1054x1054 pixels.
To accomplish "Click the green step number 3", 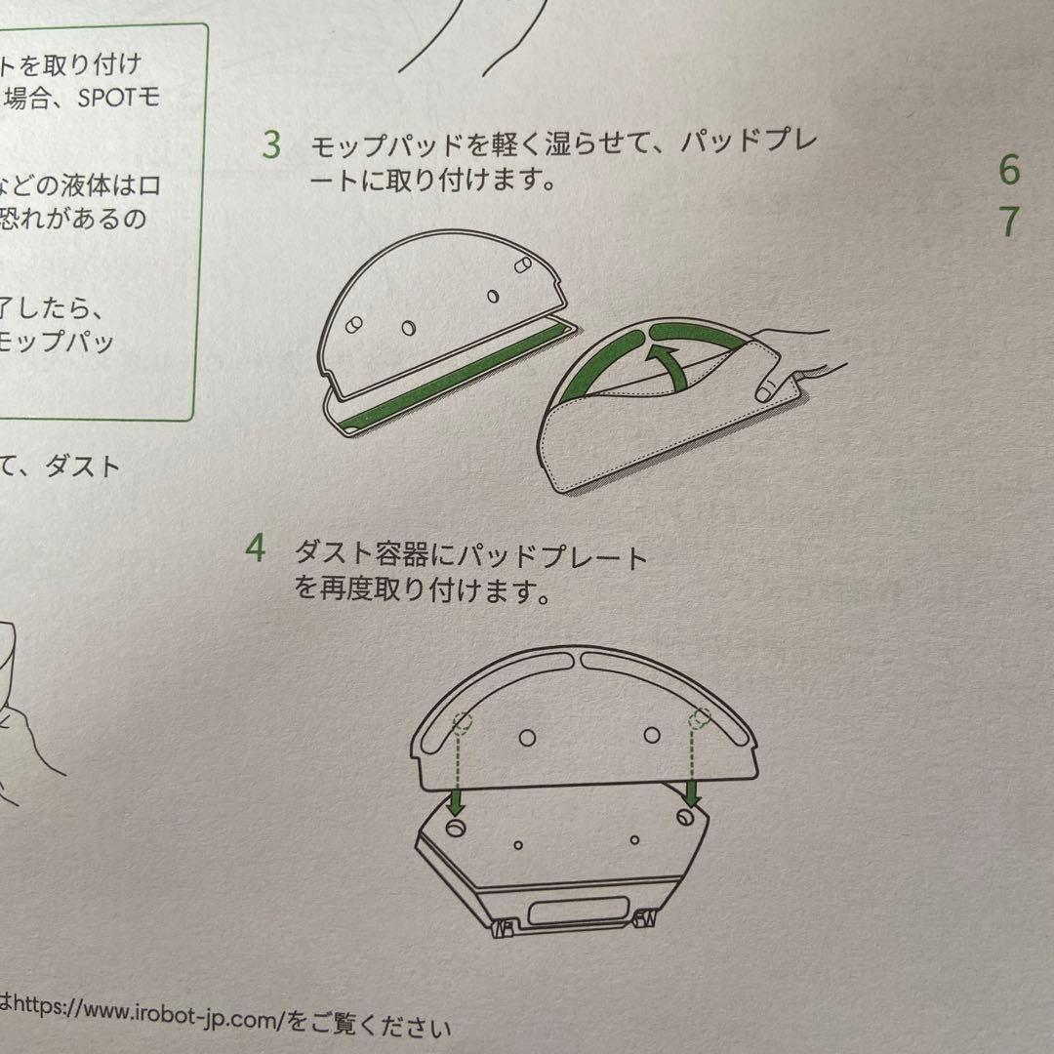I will click(x=271, y=145).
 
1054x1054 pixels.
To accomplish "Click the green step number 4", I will click(x=256, y=548).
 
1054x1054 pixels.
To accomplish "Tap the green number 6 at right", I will click(x=1008, y=170).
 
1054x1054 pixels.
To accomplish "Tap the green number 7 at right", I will click(x=1009, y=222).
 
